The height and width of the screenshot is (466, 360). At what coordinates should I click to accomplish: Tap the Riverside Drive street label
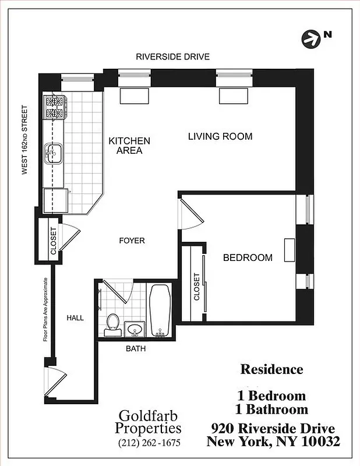[172, 57]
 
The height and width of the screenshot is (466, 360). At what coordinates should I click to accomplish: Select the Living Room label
[220, 136]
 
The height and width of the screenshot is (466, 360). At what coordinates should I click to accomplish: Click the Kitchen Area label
[129, 146]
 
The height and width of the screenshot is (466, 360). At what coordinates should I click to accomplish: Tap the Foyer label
[132, 241]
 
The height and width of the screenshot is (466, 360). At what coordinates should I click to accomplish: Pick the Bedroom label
[248, 257]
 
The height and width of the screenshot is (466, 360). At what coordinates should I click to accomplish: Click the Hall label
[75, 318]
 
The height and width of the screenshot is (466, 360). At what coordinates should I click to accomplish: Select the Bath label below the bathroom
[136, 349]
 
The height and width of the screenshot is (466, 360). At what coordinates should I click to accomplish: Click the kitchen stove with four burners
[55, 108]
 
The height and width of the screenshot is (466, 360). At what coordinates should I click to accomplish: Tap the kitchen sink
[55, 154]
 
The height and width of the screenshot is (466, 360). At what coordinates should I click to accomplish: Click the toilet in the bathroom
[112, 325]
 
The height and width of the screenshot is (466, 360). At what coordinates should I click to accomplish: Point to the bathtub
[159, 310]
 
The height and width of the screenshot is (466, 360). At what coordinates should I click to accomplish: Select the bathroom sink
[135, 330]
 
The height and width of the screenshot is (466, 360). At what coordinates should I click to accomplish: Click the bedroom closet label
[197, 287]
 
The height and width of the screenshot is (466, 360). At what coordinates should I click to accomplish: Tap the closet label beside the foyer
[53, 241]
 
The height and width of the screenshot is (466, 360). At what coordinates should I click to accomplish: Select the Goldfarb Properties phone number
[150, 442]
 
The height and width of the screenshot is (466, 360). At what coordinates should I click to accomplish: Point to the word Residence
[271, 369]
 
